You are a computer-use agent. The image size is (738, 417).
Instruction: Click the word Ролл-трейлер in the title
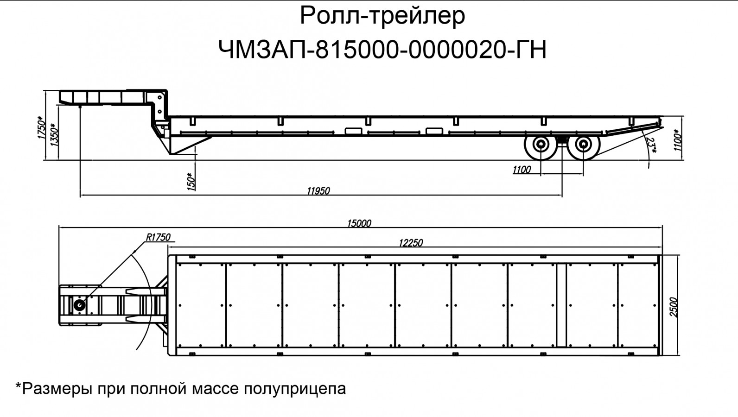[x=382, y=16]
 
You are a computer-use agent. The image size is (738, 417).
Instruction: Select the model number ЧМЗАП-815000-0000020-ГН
[x=382, y=50]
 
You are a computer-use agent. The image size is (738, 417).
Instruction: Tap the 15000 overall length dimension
[x=359, y=223]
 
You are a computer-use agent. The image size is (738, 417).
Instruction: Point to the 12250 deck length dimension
[x=411, y=242]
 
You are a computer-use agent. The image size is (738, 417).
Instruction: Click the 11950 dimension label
[x=318, y=190]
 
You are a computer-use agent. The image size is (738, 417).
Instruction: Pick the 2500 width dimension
[x=674, y=307]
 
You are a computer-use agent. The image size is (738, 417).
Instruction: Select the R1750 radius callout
[x=158, y=237]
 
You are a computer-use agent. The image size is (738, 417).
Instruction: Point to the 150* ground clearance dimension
[x=191, y=181]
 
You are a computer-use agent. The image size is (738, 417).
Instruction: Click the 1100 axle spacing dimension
[x=522, y=170]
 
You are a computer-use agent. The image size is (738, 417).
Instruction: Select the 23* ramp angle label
[x=652, y=145]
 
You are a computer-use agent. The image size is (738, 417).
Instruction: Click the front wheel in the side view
[x=541, y=146]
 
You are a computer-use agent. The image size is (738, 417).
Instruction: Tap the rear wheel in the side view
[x=582, y=146]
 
